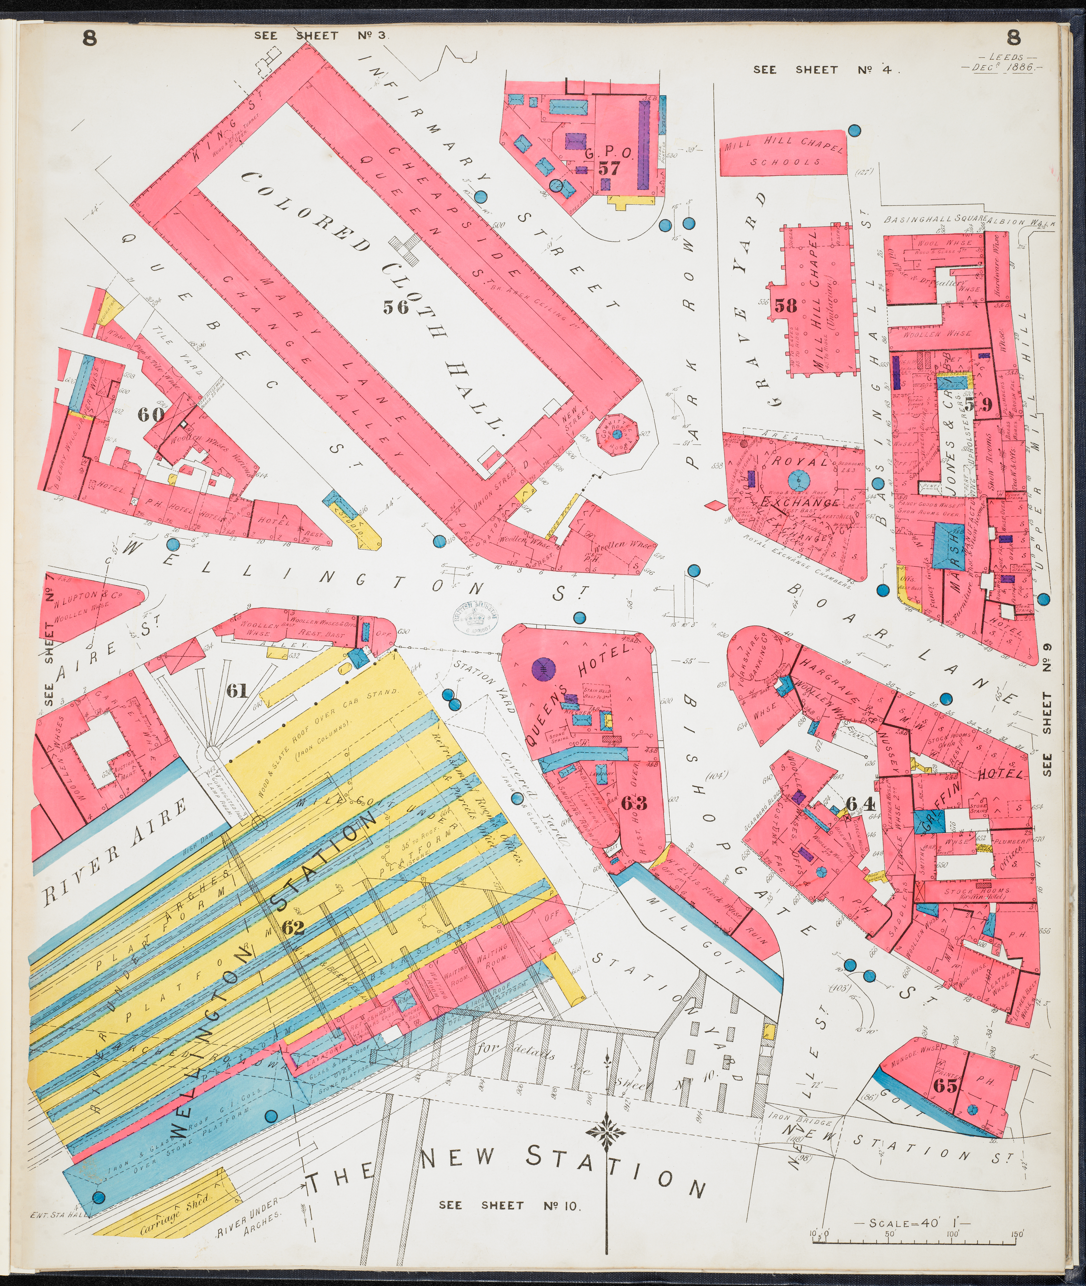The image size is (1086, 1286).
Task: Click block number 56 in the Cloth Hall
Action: tap(395, 306)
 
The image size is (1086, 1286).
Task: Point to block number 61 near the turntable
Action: tap(237, 691)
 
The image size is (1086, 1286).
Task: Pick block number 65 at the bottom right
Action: tap(946, 1086)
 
